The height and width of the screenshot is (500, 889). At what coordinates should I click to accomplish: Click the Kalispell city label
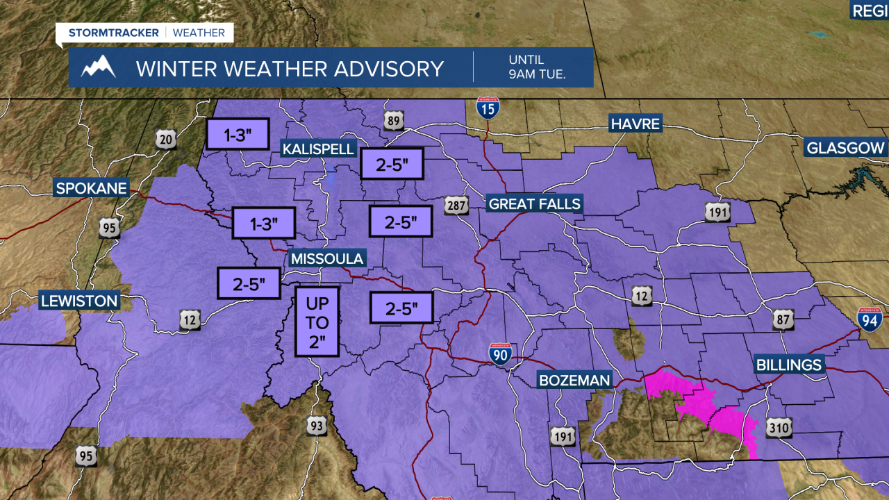click(x=318, y=149)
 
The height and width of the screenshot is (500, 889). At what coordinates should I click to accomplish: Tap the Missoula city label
click(x=327, y=258)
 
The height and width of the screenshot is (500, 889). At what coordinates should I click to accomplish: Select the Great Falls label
click(x=534, y=203)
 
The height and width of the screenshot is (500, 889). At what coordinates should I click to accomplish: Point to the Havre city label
click(x=635, y=124)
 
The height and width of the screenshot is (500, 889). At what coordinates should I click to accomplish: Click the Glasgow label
click(x=845, y=147)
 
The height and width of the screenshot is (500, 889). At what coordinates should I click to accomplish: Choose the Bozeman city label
click(x=575, y=380)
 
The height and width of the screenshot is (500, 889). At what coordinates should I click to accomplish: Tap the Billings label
click(x=789, y=365)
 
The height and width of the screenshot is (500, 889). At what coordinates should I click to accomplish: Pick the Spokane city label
click(x=91, y=187)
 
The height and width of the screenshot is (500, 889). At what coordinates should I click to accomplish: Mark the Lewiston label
click(x=79, y=301)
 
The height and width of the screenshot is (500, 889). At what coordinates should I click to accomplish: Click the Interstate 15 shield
click(x=488, y=108)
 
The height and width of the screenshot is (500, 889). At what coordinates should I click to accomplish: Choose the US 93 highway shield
click(x=316, y=425)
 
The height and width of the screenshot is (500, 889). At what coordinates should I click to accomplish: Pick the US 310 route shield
click(x=779, y=427)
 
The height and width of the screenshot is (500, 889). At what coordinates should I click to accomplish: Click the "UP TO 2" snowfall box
click(x=317, y=322)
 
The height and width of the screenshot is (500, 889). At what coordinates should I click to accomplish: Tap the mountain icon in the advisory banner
click(x=98, y=67)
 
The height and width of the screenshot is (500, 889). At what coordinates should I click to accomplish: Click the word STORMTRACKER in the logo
click(x=114, y=33)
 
